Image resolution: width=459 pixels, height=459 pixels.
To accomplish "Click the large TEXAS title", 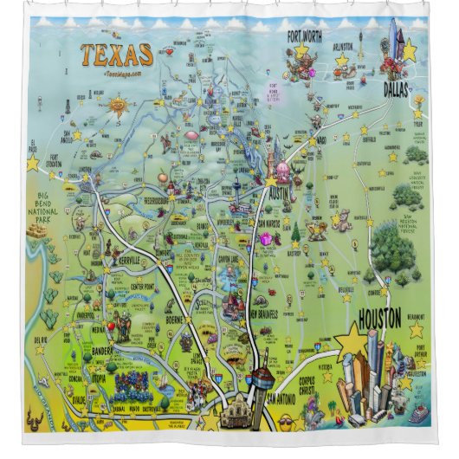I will (x=116, y=55).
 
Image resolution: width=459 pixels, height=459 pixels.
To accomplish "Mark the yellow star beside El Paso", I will (x=33, y=163).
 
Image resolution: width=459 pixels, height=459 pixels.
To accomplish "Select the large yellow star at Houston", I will (x=351, y=340).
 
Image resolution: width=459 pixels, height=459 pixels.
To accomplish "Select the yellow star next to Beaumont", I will (x=417, y=330).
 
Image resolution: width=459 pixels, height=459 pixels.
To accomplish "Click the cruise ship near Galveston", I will (x=417, y=413).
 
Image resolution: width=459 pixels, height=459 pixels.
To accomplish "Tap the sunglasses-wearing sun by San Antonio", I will (x=282, y=422).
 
